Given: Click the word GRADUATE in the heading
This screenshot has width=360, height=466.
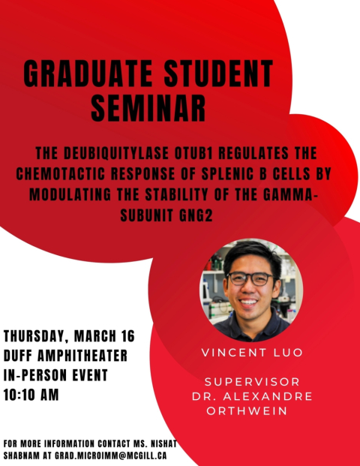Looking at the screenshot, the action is point(88,74).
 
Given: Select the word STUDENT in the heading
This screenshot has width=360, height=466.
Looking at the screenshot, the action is point(218,74).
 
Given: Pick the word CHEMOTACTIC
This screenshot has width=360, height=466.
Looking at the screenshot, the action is point(61,174).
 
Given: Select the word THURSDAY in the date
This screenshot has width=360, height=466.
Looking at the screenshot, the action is point(34,336).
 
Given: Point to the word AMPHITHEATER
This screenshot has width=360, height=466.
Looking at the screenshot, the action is point(82,356).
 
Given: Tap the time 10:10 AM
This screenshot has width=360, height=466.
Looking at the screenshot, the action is point(31,395).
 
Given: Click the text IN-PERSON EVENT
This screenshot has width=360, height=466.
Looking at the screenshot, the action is point(55,375).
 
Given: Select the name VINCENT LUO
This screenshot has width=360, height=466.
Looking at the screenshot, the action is point(252,353).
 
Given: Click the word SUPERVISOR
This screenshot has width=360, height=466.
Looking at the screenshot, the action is point(252,382).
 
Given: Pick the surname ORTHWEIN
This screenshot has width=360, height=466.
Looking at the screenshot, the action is point(247,411).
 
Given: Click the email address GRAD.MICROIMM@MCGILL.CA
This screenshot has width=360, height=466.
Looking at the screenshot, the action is point(110,455).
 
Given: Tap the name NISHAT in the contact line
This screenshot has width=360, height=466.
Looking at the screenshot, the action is point(164,443).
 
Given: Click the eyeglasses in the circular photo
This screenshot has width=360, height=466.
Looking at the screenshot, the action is point(250,278).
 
